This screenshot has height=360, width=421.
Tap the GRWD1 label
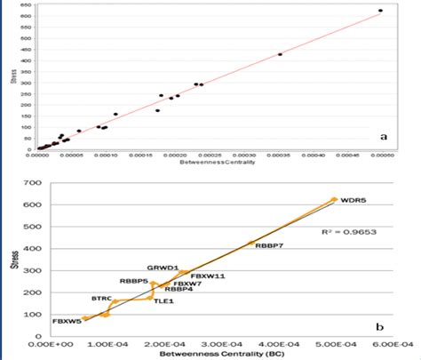coord(163,267)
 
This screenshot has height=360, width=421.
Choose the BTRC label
coord(102,300)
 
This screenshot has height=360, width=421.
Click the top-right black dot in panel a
coord(380,11)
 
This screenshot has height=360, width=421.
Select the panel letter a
coord(383,137)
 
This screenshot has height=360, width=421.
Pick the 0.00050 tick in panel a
coord(381,157)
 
